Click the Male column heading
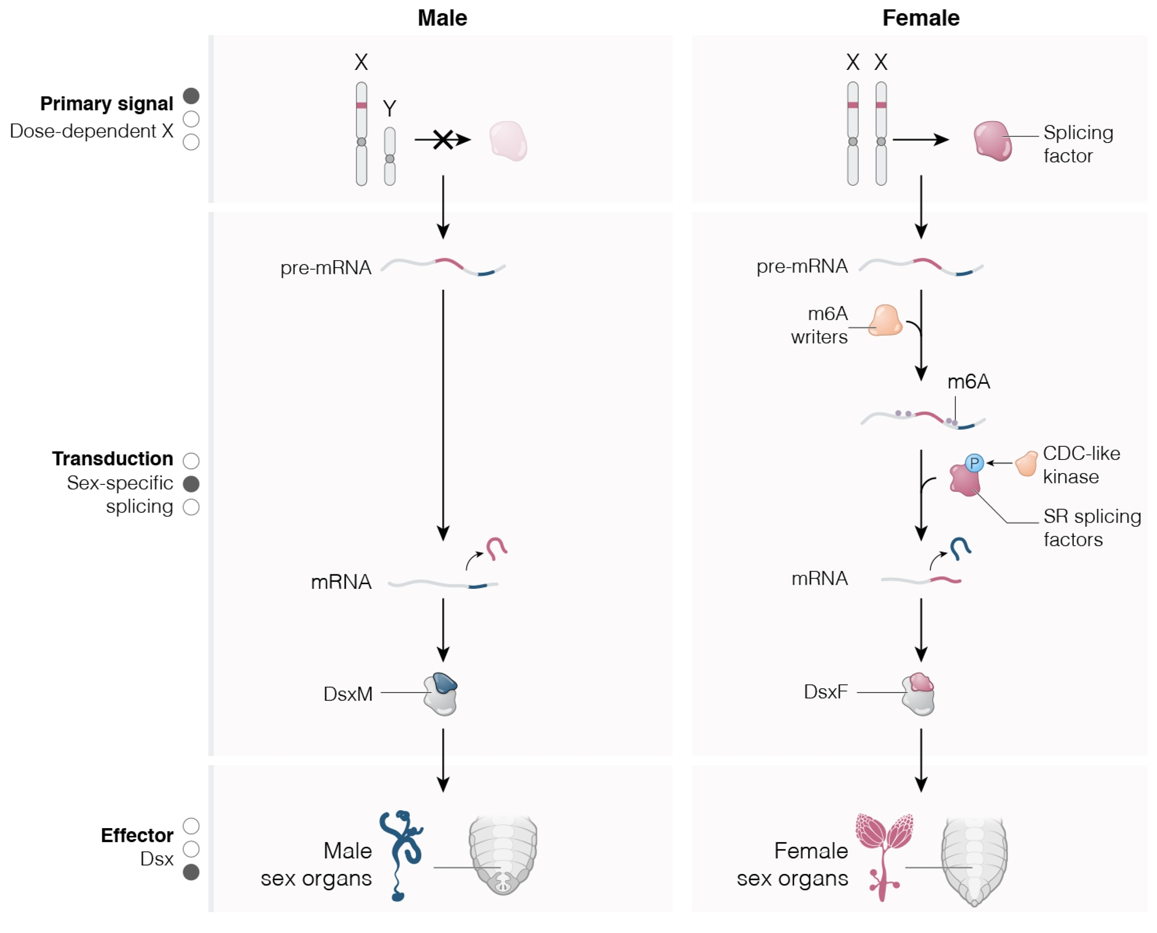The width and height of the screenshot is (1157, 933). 442,18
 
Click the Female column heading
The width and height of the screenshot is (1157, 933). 920,18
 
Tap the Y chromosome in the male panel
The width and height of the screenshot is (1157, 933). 390,156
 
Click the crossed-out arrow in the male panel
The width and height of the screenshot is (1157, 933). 443,140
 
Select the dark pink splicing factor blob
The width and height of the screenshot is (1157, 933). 992,141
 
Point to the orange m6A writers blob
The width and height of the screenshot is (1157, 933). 886,321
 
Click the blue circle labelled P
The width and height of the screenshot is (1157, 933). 974,463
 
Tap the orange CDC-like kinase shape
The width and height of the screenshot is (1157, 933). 1026,463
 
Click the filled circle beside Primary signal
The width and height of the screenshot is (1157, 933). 191,96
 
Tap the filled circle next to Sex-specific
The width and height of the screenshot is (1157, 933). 191,483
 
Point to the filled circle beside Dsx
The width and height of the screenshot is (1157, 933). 191,872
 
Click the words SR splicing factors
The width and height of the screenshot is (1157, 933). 1091,527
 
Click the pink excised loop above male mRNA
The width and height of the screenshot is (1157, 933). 497,548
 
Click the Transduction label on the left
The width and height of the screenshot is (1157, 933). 113,459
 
